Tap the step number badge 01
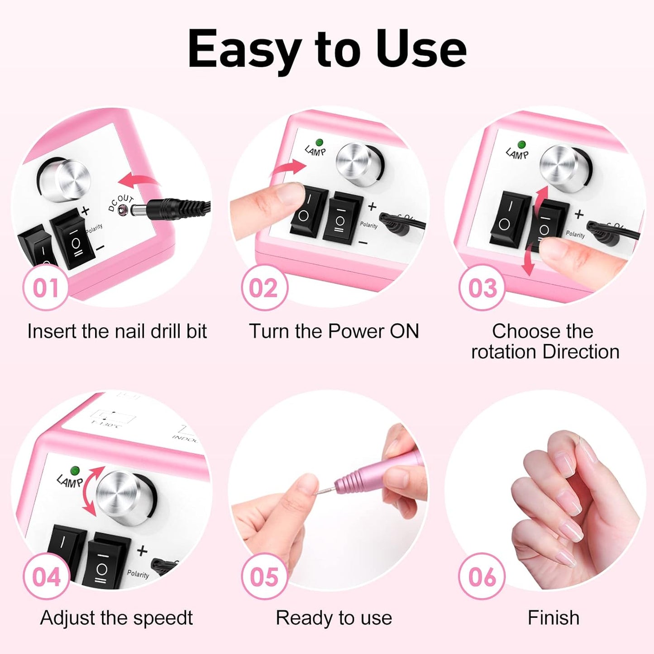point(46,288)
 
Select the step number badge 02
point(264,288)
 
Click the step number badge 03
point(482,288)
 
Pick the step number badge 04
point(46,577)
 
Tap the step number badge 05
point(264,577)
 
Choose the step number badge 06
point(482,577)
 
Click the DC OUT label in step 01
point(120,203)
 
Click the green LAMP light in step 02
point(320,143)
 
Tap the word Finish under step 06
point(553,618)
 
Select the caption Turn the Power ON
point(334,331)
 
